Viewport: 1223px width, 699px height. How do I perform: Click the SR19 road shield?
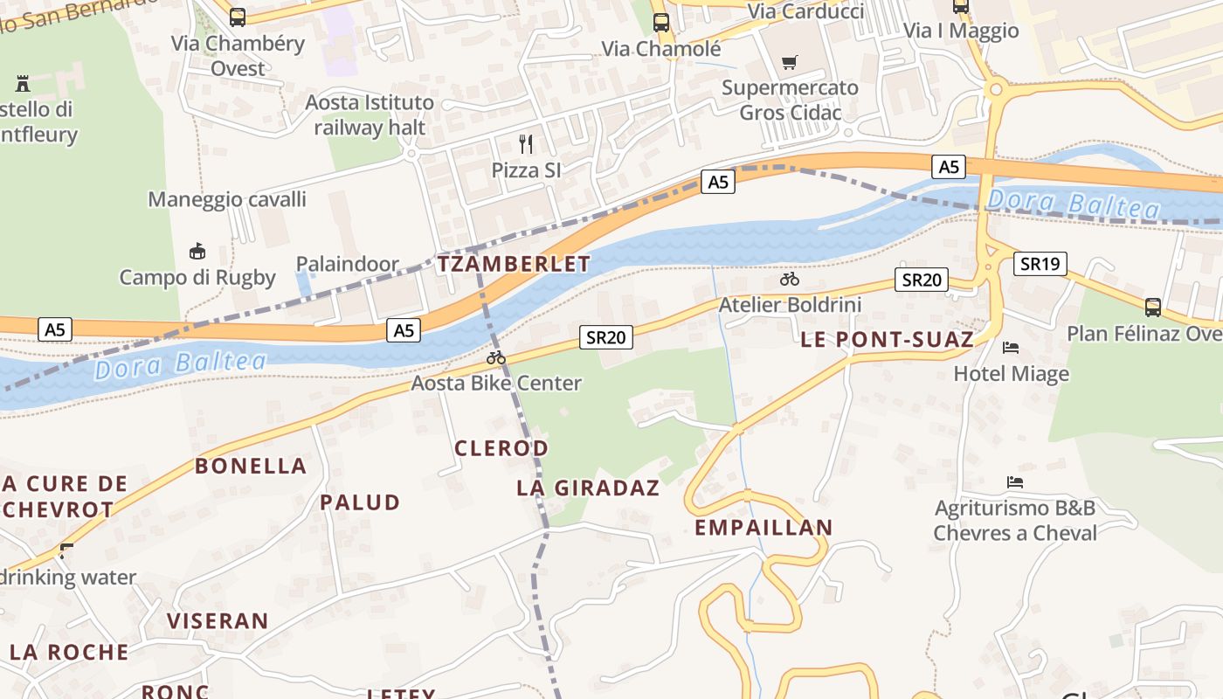click(x=1040, y=264)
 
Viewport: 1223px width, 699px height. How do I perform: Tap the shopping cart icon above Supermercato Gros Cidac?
click(x=790, y=62)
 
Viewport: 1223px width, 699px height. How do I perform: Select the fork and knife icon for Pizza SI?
click(x=526, y=143)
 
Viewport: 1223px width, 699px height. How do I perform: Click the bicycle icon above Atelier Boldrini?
click(x=790, y=280)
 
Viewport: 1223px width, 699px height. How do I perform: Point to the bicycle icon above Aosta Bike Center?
click(x=496, y=357)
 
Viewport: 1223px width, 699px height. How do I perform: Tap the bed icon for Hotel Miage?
click(x=1011, y=348)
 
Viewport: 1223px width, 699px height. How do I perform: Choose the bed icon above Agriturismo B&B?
click(x=1014, y=482)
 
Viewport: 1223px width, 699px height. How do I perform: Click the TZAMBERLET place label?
click(x=514, y=264)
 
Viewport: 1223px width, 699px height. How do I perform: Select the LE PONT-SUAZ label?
click(x=887, y=340)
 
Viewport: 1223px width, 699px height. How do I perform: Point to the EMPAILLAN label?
click(x=764, y=528)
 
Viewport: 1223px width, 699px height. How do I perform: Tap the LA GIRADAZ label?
click(x=588, y=488)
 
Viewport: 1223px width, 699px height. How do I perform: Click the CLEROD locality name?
click(x=501, y=448)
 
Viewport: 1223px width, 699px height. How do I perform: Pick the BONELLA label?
click(x=251, y=466)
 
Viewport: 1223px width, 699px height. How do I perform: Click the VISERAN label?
click(x=218, y=621)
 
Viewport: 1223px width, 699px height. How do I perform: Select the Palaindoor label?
click(x=347, y=264)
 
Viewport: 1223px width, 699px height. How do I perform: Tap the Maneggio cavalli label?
click(x=227, y=199)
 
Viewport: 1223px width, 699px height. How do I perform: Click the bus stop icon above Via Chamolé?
click(x=661, y=23)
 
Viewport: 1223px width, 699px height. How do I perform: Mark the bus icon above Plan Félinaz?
click(x=1153, y=307)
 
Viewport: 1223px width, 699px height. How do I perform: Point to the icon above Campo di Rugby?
click(x=197, y=252)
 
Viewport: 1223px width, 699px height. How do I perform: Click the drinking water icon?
click(x=66, y=550)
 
